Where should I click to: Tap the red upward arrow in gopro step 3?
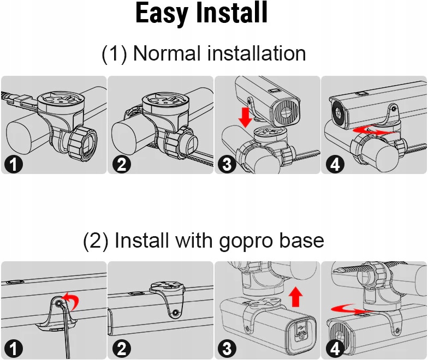coord(296,296)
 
